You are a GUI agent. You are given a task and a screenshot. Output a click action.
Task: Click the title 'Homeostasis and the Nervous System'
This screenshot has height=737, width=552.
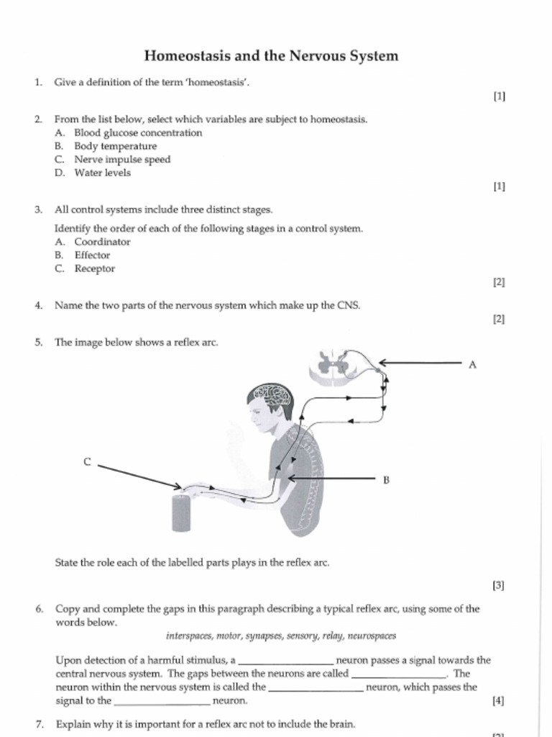click(271, 55)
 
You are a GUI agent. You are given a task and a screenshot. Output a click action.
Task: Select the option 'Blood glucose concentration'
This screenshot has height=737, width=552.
click(138, 133)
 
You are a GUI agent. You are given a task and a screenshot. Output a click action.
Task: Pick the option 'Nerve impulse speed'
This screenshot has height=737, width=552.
click(122, 160)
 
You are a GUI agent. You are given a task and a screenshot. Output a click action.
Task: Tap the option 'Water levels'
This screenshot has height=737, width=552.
click(102, 173)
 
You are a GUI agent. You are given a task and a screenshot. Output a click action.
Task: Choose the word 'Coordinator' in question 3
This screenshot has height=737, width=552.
click(102, 242)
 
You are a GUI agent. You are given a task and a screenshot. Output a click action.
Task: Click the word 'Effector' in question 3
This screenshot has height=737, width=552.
click(92, 255)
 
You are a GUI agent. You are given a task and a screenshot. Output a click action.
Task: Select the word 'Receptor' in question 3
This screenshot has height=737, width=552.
click(94, 268)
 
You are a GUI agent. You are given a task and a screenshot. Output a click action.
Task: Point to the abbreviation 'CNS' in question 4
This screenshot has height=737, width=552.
click(348, 305)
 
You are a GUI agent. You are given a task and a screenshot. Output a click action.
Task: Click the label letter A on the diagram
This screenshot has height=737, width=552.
click(472, 365)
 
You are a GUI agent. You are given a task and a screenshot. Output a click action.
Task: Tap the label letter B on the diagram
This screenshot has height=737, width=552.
click(386, 479)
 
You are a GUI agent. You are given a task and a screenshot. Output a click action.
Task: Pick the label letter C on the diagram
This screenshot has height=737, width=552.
click(87, 462)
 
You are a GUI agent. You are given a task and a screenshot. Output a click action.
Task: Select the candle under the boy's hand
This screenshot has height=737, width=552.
click(181, 512)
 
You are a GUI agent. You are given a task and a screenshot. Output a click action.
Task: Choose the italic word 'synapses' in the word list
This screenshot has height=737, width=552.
click(263, 636)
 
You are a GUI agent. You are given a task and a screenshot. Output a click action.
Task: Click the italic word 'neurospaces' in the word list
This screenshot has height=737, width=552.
click(372, 636)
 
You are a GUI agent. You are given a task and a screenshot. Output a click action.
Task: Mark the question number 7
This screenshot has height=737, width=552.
click(39, 724)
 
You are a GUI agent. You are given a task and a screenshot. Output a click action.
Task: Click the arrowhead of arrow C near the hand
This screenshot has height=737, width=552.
click(179, 487)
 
